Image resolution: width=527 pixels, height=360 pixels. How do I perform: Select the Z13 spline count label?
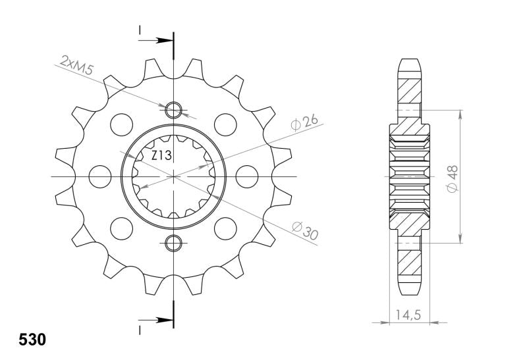tap(162, 156)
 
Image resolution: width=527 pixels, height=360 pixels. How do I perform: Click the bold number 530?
tap(30, 341)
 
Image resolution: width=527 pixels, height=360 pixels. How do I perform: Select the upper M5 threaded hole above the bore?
tap(174, 109)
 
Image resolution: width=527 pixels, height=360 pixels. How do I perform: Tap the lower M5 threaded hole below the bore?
tap(174, 244)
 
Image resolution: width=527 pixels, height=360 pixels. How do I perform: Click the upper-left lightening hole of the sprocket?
tap(121, 123)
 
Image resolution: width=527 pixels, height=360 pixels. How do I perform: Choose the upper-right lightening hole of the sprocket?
tap(226, 123)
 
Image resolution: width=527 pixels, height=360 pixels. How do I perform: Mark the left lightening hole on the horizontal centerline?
tap(100, 176)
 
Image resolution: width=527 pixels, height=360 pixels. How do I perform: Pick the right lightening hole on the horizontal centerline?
tap(246, 176)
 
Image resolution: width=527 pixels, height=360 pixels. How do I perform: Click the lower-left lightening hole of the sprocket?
tap(121, 228)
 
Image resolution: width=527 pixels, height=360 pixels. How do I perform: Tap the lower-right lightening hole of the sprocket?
tap(226, 228)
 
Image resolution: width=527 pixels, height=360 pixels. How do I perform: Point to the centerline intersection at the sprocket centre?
tap(174, 176)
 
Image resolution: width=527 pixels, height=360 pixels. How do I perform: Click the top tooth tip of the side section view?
tap(409, 61)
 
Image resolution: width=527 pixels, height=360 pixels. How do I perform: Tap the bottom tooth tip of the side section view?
tap(409, 292)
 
